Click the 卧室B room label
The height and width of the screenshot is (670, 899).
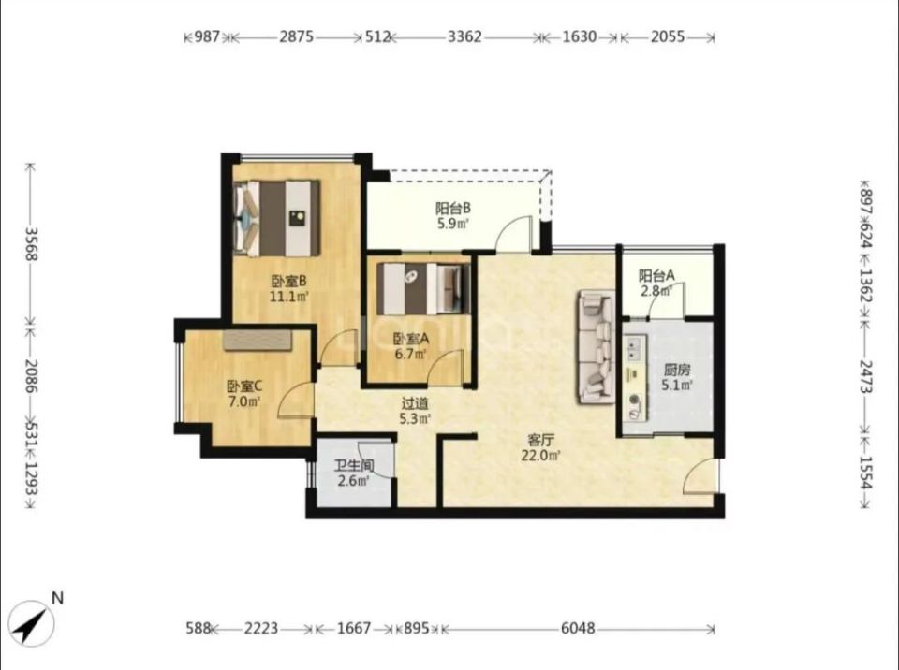click(289, 281)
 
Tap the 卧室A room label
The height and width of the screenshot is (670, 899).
click(410, 339)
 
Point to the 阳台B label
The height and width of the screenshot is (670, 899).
click(453, 208)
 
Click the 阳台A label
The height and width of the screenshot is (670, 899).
click(657, 276)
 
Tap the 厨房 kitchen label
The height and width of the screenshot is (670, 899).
click(677, 370)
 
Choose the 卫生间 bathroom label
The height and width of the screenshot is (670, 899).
click(354, 465)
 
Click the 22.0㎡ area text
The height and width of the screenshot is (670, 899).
click(540, 456)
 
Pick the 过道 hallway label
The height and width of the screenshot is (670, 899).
click(415, 404)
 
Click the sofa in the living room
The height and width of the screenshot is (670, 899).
click(597, 347)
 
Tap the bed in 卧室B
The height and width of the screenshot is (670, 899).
click(277, 218)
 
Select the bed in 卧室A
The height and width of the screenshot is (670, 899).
click(423, 289)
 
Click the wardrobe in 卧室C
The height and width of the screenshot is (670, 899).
click(258, 340)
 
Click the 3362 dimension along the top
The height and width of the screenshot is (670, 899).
click(464, 37)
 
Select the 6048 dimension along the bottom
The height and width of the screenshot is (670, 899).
click(578, 629)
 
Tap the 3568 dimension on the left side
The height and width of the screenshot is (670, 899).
click(32, 244)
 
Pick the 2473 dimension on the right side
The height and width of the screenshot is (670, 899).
click(865, 376)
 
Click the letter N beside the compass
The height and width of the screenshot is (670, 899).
click(57, 598)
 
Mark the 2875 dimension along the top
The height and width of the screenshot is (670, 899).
click(297, 37)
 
